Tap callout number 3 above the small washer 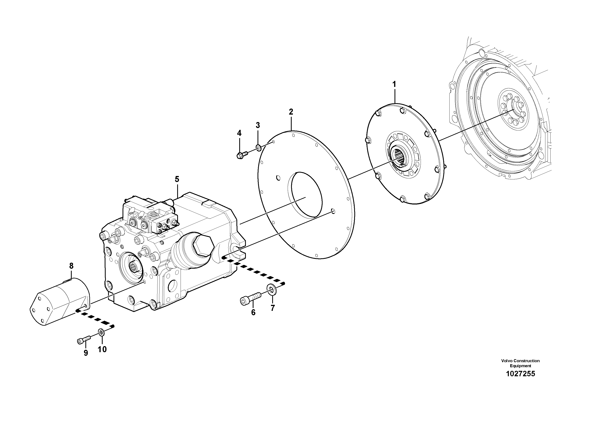click(x=258, y=125)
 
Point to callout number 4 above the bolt click(x=239, y=133)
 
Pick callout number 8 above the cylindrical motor click(x=71, y=266)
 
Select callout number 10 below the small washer click(x=102, y=349)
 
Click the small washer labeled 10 click(x=101, y=332)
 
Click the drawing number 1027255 click(x=520, y=374)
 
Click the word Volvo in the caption click(x=506, y=361)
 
